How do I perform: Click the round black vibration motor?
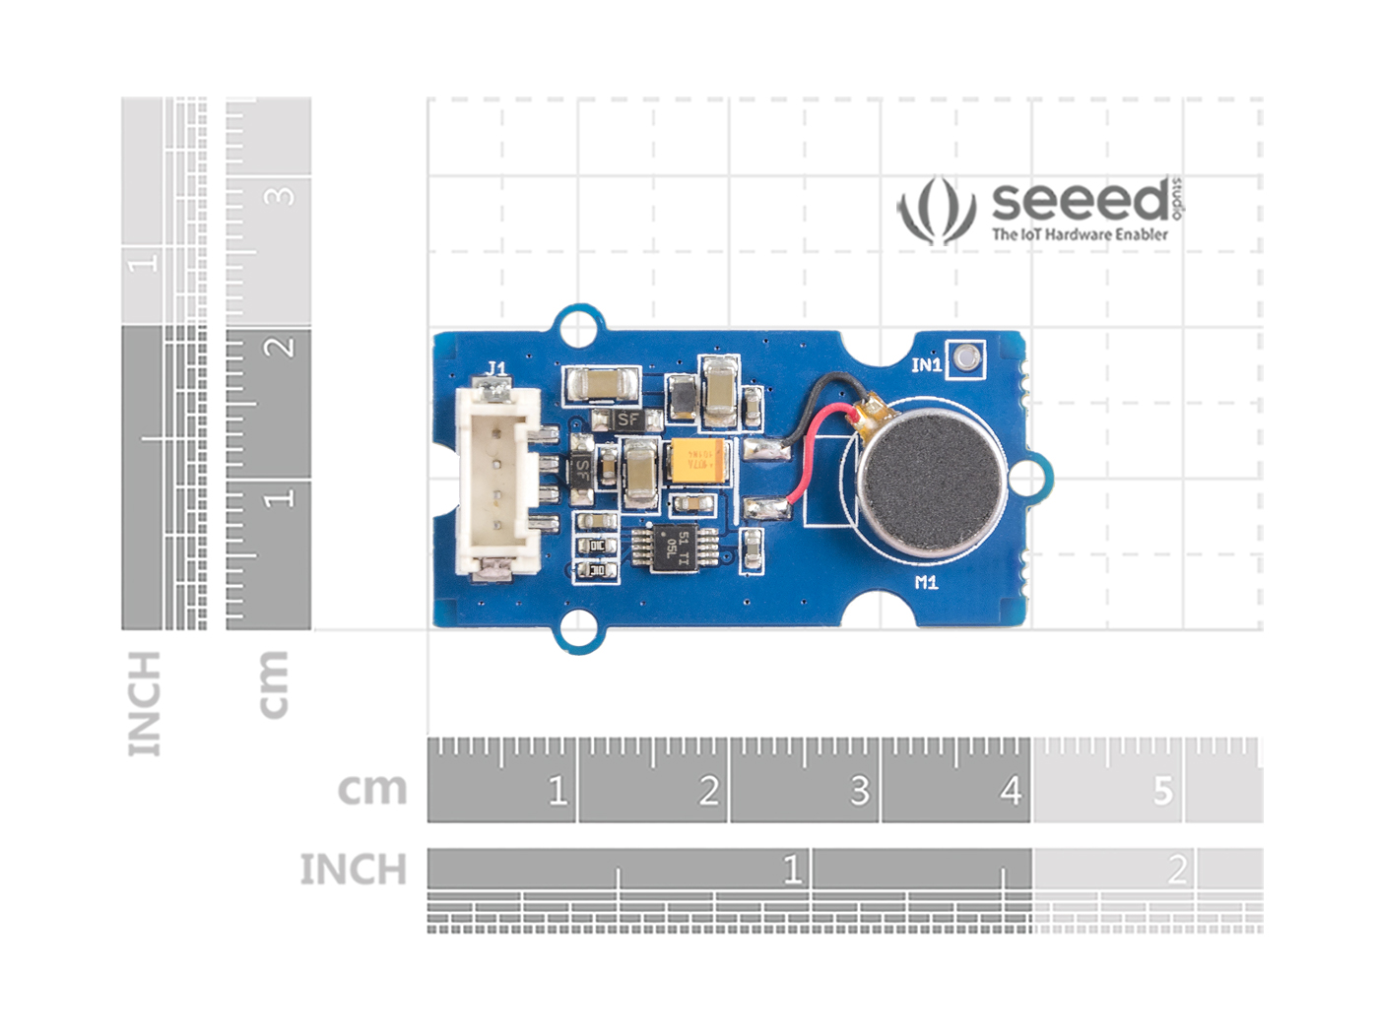931,480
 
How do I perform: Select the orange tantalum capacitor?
697,462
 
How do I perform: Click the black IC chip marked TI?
673,548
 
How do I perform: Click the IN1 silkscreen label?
926,365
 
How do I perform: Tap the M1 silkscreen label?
926,583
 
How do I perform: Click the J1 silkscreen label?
495,369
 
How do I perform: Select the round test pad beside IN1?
964,357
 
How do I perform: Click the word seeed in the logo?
1080,201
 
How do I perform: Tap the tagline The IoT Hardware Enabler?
1080,234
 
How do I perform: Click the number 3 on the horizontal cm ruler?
859,791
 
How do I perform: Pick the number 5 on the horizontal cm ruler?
1163,791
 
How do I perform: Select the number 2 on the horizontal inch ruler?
1176,870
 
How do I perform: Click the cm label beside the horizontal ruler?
371,789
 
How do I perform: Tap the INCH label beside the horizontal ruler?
353,870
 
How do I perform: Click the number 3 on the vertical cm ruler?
281,195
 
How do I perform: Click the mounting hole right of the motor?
1026,479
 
